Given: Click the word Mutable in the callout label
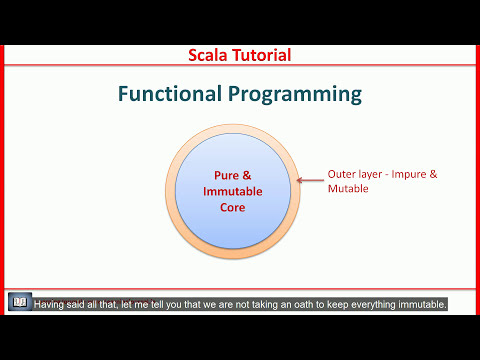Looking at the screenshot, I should coord(349,188).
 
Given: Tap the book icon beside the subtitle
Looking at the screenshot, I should coord(19,303).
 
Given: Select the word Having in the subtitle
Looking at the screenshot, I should coord(52,304).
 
